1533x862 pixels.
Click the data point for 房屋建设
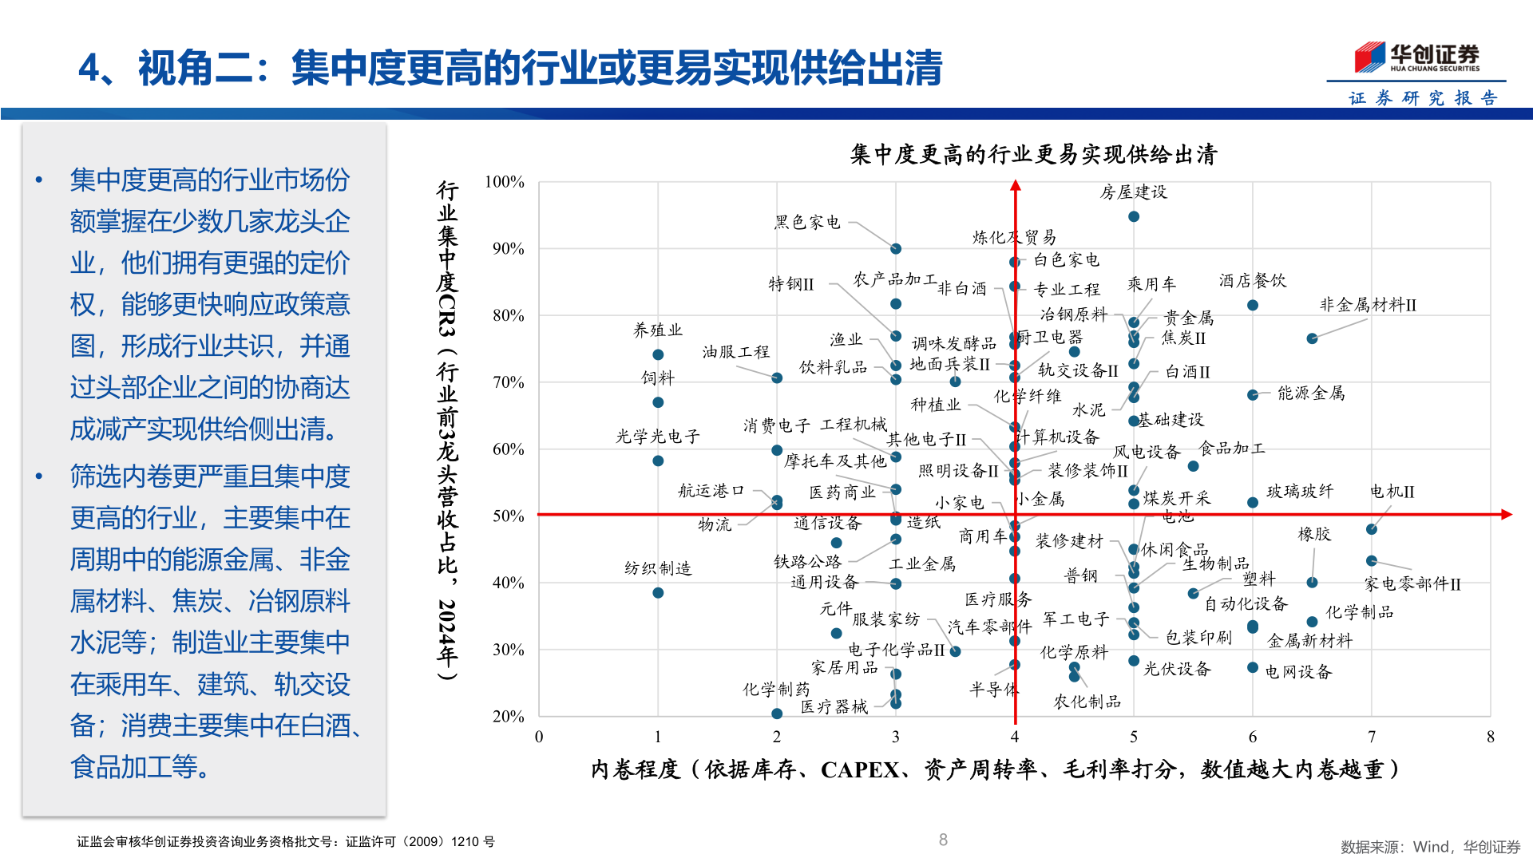(1133, 216)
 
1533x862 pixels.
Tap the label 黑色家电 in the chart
(807, 222)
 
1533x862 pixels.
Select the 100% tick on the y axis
(504, 182)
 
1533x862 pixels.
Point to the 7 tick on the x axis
(1371, 737)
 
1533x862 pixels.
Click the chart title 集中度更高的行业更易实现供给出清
(1033, 154)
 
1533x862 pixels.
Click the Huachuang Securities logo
(1416, 57)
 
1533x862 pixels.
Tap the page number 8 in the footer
(943, 840)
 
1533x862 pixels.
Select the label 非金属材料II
(1368, 305)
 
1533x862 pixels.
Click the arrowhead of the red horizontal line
(1506, 515)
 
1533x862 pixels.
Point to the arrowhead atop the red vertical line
(1015, 186)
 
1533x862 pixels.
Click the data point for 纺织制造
(658, 593)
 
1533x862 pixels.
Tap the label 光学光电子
(657, 437)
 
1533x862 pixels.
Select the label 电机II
(1392, 492)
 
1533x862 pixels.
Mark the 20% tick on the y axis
(508, 716)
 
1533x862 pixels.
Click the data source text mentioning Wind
(1430, 847)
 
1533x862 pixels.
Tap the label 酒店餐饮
(1252, 281)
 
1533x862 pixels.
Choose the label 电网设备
(1298, 672)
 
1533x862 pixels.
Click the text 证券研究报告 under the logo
(1423, 98)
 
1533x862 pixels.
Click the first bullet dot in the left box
(38, 180)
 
